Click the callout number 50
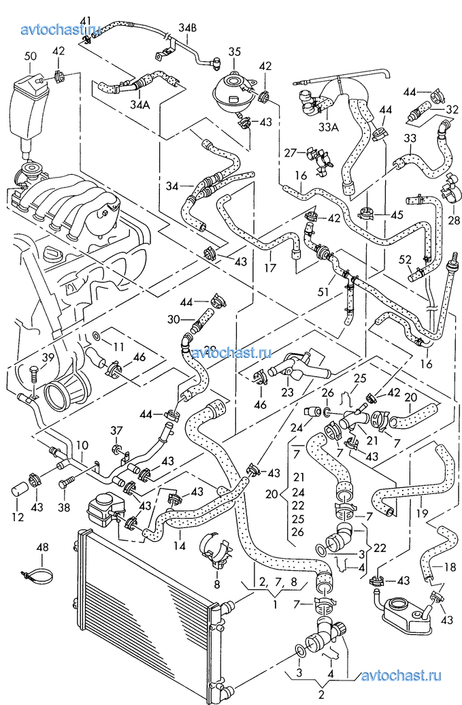pos(30,56)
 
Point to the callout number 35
pos(234,52)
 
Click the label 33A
pos(328,127)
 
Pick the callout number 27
pos(291,152)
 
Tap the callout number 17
pos(270,267)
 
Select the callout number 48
pos(43,546)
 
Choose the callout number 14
pos(178,545)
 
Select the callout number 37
pos(116,430)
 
